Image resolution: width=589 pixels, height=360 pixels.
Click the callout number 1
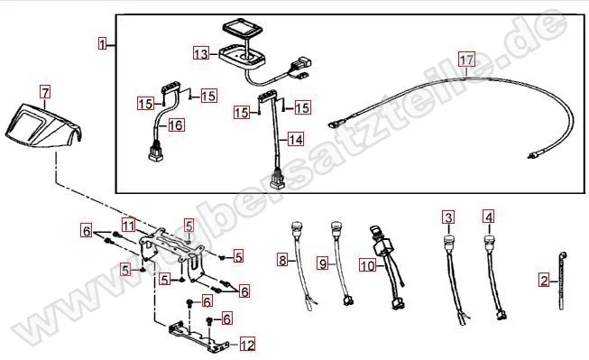103,43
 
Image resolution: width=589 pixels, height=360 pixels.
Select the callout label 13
201,53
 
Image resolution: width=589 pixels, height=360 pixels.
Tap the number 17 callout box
466,60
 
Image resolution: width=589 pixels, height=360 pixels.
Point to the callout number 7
45,92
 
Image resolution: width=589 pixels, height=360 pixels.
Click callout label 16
176,125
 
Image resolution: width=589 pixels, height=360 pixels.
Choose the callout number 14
296,140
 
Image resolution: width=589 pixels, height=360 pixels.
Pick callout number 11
129,226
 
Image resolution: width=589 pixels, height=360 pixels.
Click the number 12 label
247,345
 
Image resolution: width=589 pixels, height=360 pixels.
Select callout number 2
544,281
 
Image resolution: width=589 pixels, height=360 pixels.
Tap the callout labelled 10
367,265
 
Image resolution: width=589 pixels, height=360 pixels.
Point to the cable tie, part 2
562,281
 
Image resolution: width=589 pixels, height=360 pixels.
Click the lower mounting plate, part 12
198,337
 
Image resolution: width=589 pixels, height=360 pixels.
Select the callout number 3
448,217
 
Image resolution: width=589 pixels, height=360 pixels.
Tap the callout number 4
488,217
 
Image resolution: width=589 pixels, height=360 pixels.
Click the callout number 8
282,260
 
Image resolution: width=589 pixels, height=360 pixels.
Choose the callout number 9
323,263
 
